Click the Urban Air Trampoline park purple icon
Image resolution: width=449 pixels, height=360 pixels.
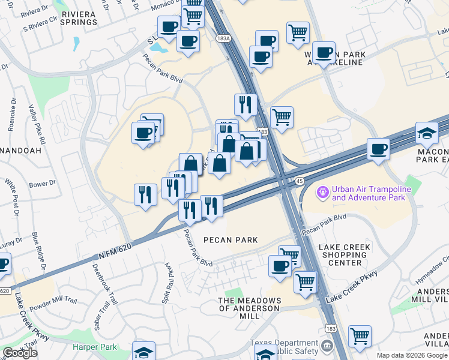(323, 191)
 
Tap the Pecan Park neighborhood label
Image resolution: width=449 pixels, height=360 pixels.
(231, 240)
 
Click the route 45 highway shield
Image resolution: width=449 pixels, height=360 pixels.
(299, 181)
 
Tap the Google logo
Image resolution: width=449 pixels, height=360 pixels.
(20, 353)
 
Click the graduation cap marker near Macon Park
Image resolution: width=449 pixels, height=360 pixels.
(427, 134)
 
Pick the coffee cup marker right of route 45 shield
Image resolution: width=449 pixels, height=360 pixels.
(378, 148)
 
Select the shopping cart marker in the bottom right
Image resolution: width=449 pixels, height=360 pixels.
(360, 336)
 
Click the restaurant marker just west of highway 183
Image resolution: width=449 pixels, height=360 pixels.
(245, 104)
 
